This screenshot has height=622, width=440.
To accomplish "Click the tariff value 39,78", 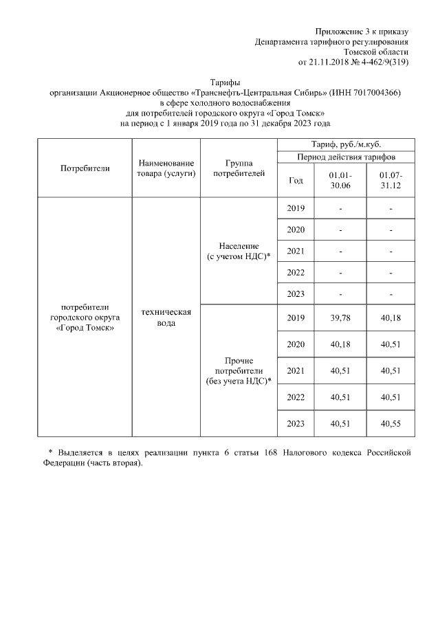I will (340, 318).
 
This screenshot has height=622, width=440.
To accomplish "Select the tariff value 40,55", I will (390, 423).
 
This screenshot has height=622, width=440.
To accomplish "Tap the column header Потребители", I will (85, 168).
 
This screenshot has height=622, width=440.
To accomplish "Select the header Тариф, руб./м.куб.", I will (346, 144).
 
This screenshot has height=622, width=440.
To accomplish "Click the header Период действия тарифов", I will (346, 157).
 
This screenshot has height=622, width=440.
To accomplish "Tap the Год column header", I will (296, 181).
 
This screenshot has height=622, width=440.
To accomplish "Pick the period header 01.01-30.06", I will (340, 181).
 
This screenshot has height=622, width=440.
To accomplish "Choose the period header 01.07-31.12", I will (390, 181).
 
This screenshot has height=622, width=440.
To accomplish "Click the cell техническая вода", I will (166, 317).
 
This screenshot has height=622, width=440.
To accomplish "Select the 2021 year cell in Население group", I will (296, 251).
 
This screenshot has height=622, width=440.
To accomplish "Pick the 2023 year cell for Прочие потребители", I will (296, 423).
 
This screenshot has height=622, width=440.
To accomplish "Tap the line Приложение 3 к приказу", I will (362, 32).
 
